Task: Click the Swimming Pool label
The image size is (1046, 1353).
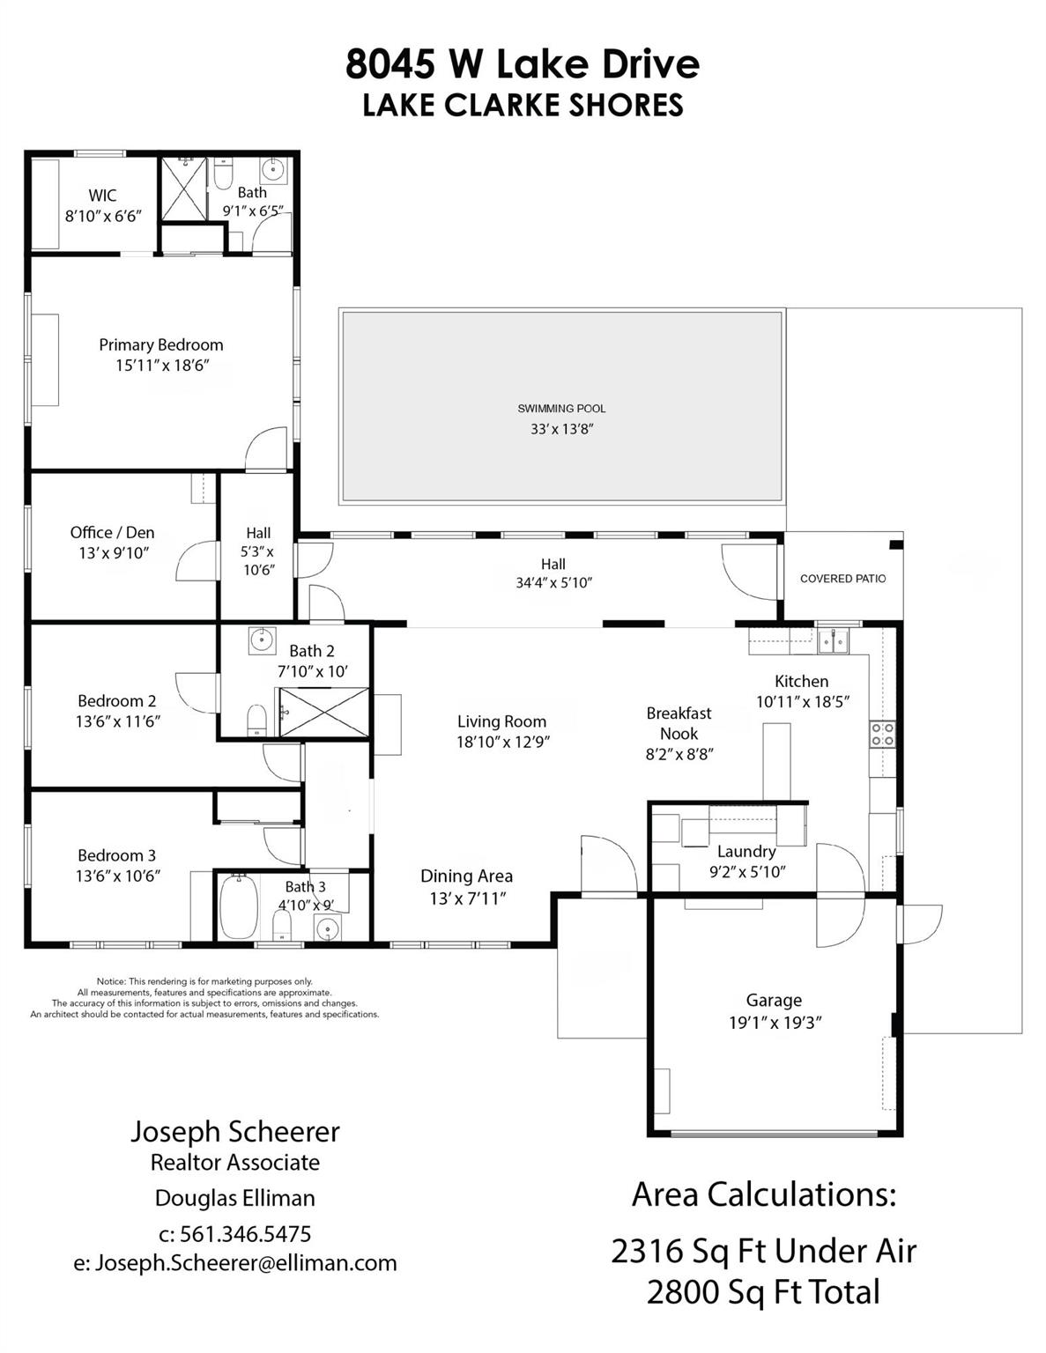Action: pyautogui.click(x=561, y=409)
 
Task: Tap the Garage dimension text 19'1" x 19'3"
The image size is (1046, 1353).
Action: pyautogui.click(x=775, y=1023)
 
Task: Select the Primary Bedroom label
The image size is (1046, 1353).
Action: pyautogui.click(x=160, y=344)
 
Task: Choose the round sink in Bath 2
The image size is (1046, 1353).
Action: pyautogui.click(x=261, y=640)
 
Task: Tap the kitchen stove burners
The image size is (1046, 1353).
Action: pyautogui.click(x=882, y=734)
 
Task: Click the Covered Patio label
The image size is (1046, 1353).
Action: pyautogui.click(x=842, y=579)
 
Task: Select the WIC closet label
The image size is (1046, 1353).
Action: pyautogui.click(x=102, y=196)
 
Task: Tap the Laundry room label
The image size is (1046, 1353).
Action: pyautogui.click(x=746, y=851)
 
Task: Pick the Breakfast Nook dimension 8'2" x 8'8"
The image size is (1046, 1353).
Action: pyautogui.click(x=679, y=754)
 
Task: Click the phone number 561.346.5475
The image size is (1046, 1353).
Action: pyautogui.click(x=245, y=1233)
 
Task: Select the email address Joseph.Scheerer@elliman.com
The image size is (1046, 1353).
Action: pyautogui.click(x=235, y=1262)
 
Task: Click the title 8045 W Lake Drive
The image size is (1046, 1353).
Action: pyautogui.click(x=523, y=63)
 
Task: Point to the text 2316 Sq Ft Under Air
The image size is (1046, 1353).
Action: pyautogui.click(x=763, y=1251)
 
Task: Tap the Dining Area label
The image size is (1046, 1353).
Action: pyautogui.click(x=466, y=876)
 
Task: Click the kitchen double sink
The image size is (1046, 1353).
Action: pyautogui.click(x=833, y=640)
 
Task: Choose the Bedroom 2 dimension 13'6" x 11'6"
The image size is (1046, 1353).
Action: pyautogui.click(x=117, y=721)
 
